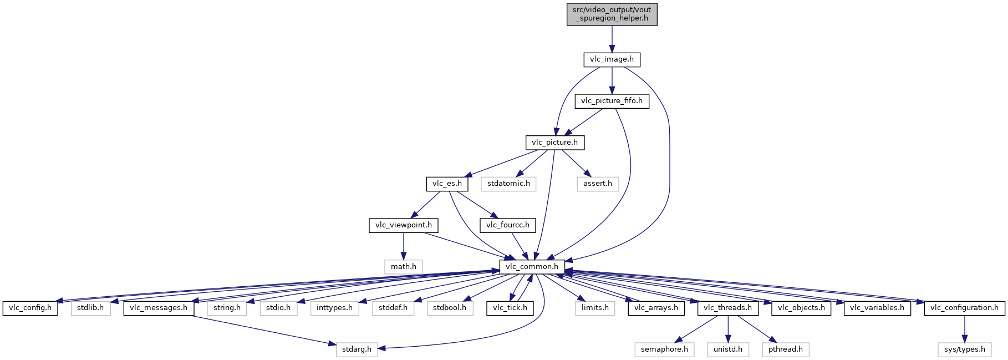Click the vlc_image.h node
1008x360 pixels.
[612, 59]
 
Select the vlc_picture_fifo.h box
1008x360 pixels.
[612, 101]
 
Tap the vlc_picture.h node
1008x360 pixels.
[554, 143]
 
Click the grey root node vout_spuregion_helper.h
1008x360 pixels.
[612, 14]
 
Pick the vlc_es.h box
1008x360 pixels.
[447, 184]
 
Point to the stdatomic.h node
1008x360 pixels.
[508, 184]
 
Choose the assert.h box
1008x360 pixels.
[598, 184]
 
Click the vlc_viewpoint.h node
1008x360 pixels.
[404, 225]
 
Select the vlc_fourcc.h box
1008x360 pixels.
[508, 225]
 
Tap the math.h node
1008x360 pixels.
[404, 267]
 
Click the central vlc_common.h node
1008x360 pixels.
[532, 267]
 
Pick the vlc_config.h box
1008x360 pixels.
[30, 308]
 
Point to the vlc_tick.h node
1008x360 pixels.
[510, 308]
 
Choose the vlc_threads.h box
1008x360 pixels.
[727, 308]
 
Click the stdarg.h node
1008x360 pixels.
[357, 349]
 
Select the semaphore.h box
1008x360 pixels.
[664, 349]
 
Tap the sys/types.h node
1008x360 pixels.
[965, 349]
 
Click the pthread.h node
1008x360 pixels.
[785, 349]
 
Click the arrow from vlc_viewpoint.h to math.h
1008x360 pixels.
[404, 246]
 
